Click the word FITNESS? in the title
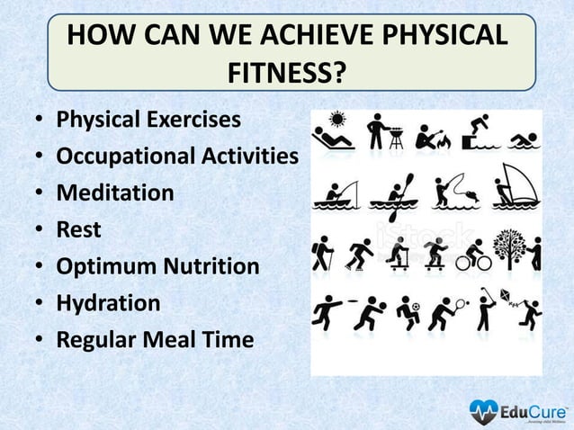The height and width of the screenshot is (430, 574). coord(287,70)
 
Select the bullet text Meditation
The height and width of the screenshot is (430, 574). coord(115,193)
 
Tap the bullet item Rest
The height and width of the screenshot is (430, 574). coord(79,230)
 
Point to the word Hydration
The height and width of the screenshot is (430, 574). coord(109,303)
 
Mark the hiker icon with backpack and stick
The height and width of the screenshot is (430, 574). coord(319,254)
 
